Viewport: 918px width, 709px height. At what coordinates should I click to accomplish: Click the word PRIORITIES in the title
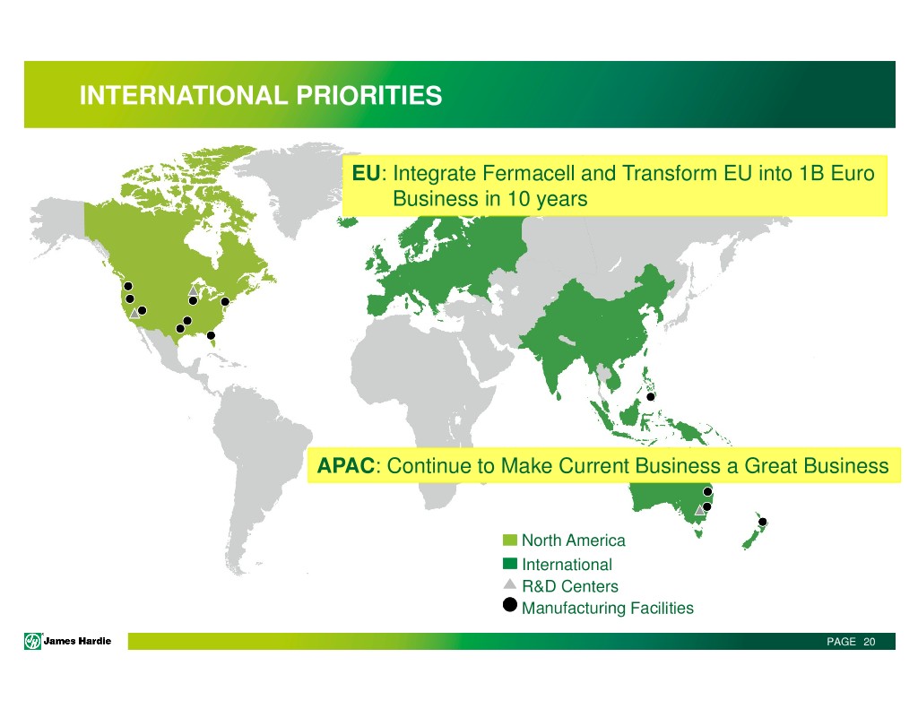click(368, 95)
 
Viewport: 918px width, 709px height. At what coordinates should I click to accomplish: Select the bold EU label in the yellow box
click(366, 173)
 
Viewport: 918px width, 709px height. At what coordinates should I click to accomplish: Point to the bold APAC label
click(345, 465)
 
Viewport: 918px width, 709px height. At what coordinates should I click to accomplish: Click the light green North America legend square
click(510, 540)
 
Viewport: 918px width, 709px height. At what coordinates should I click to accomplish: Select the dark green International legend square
click(510, 564)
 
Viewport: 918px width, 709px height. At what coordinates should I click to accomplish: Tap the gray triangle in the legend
click(510, 584)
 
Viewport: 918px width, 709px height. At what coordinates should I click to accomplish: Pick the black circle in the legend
click(510, 605)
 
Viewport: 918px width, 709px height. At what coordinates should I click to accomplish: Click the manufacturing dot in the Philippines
click(651, 397)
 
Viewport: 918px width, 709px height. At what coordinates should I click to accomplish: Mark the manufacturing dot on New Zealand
click(762, 522)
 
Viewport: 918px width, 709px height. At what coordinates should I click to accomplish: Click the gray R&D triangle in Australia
click(699, 511)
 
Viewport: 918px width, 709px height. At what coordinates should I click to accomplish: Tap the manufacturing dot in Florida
click(211, 335)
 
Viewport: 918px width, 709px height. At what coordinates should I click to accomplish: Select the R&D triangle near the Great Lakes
click(194, 291)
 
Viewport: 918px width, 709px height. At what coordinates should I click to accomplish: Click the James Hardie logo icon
click(33, 641)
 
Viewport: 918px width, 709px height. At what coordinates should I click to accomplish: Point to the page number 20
click(870, 642)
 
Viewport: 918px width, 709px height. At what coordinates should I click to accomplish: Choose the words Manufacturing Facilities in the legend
click(608, 609)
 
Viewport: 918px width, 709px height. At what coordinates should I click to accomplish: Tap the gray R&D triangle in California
click(134, 313)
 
